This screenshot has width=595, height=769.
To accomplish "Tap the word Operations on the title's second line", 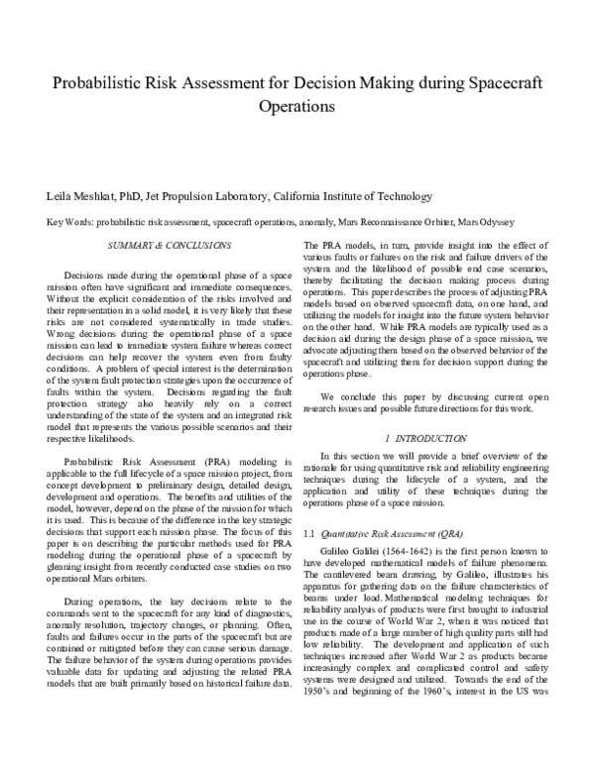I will point(297,104).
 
